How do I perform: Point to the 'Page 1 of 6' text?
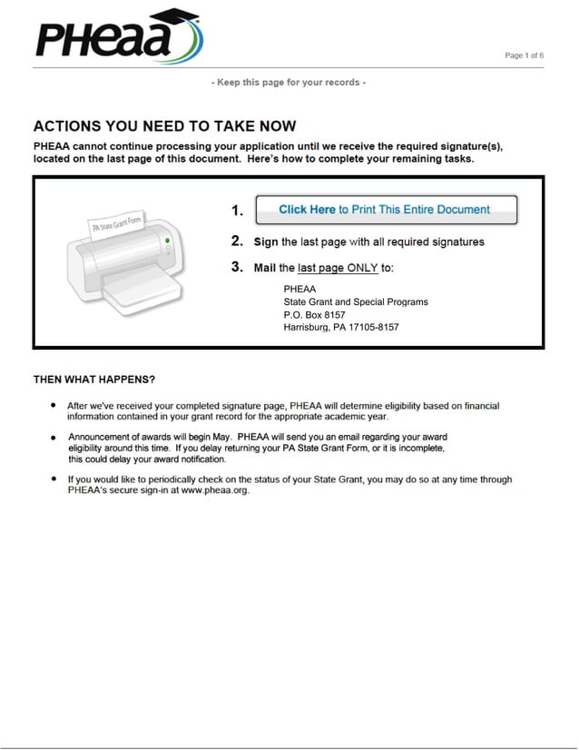524,56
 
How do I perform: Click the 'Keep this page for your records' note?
289,83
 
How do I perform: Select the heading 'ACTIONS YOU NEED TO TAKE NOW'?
164,126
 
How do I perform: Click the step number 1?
237,211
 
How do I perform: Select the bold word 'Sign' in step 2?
266,242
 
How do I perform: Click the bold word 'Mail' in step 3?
265,268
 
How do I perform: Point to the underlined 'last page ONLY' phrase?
338,268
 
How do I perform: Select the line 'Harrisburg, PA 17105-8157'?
341,327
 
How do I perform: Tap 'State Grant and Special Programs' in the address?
355,301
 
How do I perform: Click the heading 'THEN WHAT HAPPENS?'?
94,380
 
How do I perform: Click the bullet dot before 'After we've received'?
54,406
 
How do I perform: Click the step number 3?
237,267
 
